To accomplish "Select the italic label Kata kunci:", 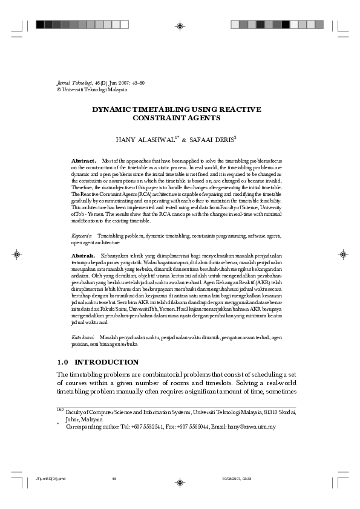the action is pos(82,337).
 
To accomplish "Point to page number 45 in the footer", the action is pos(114,479).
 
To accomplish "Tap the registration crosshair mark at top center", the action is pos(180,25).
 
